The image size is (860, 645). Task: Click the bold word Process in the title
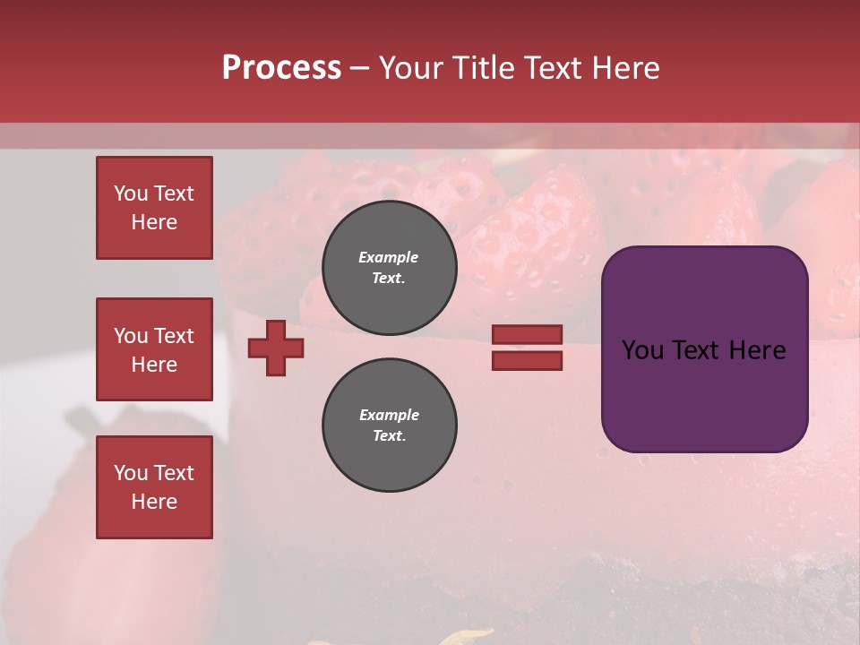[281, 68]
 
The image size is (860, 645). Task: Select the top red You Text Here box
[154, 208]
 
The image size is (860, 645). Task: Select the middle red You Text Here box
[154, 349]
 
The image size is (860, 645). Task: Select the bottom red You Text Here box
[154, 487]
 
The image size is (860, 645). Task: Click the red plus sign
[276, 348]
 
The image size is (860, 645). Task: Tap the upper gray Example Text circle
[389, 267]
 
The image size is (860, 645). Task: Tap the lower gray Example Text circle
[389, 425]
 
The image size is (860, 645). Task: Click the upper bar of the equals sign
[528, 334]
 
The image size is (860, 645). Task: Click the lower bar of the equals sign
[528, 360]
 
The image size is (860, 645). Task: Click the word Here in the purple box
[758, 350]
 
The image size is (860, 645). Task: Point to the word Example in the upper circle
[389, 257]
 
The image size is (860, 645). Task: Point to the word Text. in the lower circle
[389, 435]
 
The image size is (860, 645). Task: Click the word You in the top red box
[131, 193]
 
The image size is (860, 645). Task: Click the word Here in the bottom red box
[154, 502]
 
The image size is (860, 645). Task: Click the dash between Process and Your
[360, 68]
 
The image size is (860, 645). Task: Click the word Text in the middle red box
[174, 336]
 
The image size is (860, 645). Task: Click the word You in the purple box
[641, 350]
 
